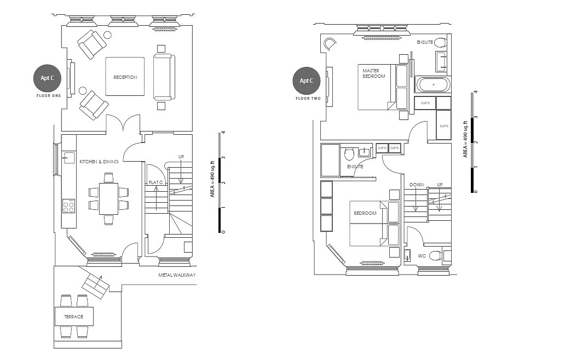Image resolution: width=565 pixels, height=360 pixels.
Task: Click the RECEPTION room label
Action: point(125,77)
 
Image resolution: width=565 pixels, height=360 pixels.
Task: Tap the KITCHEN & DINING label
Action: point(99,162)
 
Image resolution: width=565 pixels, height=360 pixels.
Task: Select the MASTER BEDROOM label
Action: point(374,73)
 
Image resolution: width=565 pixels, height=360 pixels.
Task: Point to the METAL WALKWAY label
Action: point(177,275)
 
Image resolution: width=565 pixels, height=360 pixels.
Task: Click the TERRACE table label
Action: point(73,317)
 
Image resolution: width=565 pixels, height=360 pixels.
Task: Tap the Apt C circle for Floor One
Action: point(47,78)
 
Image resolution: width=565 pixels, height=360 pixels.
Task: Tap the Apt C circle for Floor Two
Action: point(306,81)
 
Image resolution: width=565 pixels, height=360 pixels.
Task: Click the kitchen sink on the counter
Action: point(68,158)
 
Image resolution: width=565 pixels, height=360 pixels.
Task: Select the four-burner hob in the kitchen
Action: point(68,206)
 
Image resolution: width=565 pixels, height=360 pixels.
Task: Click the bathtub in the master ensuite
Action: point(433,85)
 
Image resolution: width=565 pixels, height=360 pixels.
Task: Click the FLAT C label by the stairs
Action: point(157,182)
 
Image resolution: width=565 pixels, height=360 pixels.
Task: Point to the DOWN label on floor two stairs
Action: point(417,185)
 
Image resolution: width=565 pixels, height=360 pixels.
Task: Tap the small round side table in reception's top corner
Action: point(107,35)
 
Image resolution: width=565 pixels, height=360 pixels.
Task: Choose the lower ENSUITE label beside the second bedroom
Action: point(355,167)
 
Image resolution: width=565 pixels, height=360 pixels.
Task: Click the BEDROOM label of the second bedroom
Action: point(365,213)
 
